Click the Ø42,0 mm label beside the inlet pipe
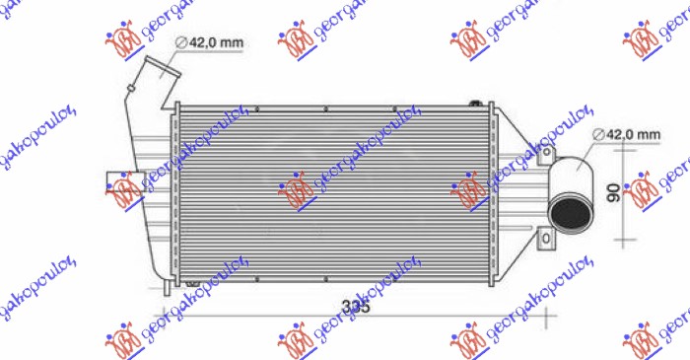[209, 42]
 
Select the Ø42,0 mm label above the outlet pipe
[628, 133]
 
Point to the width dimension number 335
[357, 307]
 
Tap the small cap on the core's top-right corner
[477, 103]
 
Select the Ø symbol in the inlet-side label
[182, 42]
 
